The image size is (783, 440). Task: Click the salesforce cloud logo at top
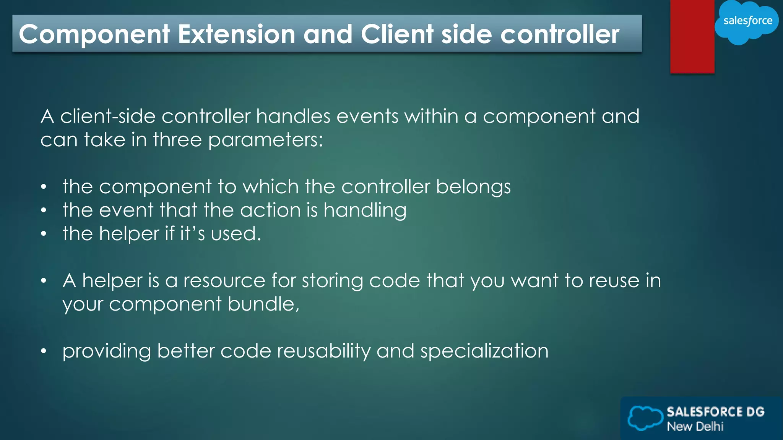tap(747, 21)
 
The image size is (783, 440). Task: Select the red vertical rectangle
tap(692, 36)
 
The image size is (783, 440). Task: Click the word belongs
tap(473, 187)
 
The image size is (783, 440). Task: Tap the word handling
tap(365, 211)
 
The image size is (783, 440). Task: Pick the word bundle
tap(263, 304)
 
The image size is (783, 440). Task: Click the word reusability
tap(323, 351)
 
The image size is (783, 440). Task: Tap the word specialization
tap(484, 351)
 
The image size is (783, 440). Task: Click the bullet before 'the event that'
tap(44, 210)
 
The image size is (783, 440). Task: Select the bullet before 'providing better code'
tap(44, 351)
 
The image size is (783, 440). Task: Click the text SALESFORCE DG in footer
tap(715, 412)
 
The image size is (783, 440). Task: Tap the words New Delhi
tap(695, 427)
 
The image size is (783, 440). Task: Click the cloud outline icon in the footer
tap(645, 418)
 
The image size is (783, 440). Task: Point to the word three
tap(177, 140)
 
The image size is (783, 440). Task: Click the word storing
tap(332, 281)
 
